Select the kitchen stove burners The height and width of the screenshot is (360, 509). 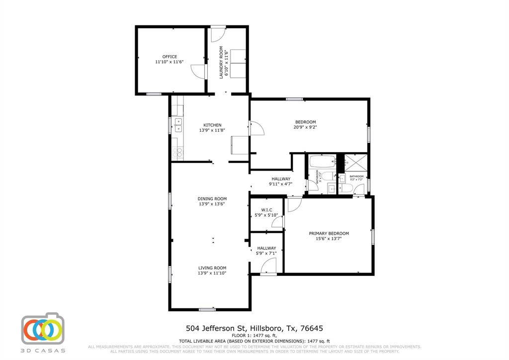pos(177,151)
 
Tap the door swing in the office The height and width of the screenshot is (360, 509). pos(199,72)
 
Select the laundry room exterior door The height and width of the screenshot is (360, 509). pos(218,34)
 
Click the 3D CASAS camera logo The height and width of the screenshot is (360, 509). pos(43,329)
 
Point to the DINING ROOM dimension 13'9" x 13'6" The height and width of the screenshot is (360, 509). pos(212,204)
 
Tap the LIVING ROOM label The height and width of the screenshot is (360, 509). pos(212,268)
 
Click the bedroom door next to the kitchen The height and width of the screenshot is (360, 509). pos(257,128)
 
